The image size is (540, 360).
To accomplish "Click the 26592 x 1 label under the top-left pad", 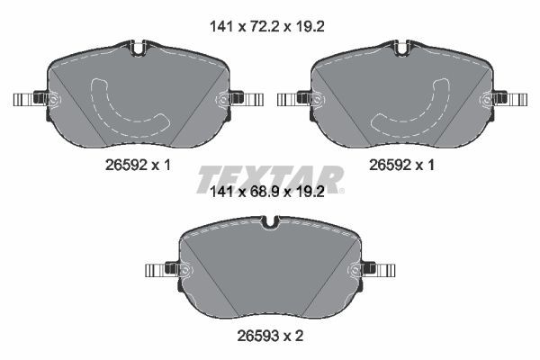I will (138, 166).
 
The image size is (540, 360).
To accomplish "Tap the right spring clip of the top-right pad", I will (511, 98).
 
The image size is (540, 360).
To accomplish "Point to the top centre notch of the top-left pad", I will (137, 48).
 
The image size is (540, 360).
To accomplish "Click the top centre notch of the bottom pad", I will (271, 221).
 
